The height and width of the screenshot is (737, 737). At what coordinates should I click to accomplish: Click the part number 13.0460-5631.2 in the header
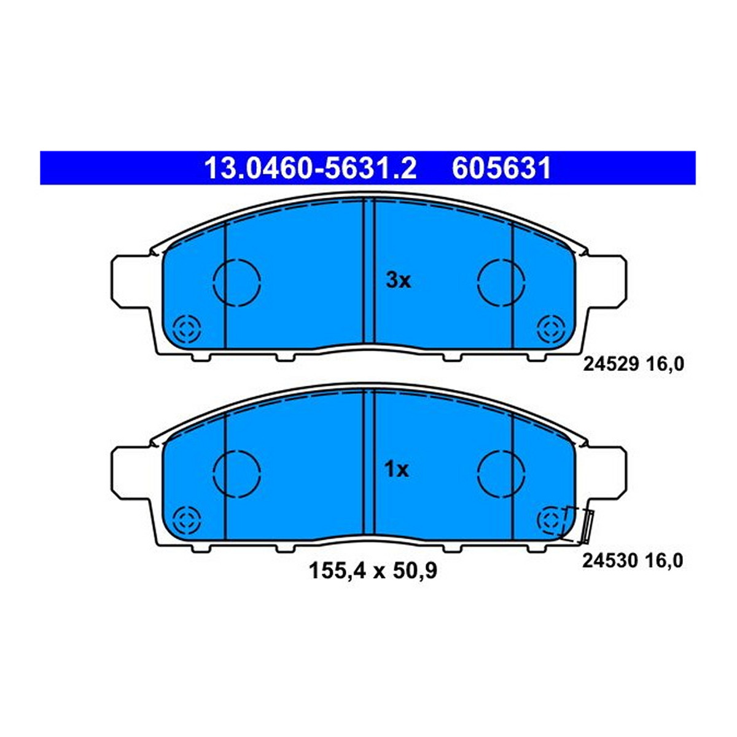click(310, 168)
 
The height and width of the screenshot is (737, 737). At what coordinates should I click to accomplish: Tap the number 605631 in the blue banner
click(501, 168)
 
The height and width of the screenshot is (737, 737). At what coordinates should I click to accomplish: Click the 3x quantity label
click(398, 281)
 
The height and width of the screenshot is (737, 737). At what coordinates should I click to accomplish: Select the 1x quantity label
click(397, 470)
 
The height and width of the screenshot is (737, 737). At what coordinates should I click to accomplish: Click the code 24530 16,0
click(633, 561)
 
